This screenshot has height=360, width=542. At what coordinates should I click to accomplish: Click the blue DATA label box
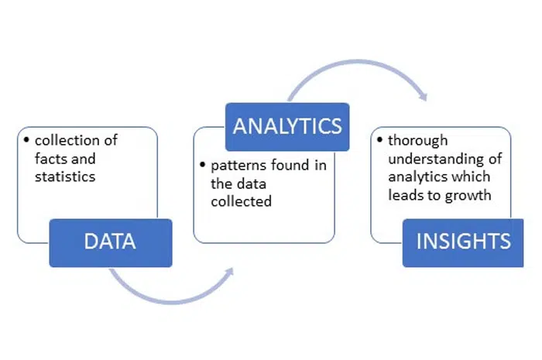[111, 243]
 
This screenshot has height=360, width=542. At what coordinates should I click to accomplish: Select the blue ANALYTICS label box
[287, 127]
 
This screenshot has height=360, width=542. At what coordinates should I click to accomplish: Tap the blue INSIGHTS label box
[463, 243]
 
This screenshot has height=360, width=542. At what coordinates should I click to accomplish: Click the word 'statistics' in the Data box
[65, 177]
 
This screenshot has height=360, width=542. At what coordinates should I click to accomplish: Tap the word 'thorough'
[418, 141]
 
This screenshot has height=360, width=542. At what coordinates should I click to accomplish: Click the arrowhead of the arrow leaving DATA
[229, 272]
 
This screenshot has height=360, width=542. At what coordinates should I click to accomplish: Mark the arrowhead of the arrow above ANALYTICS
[424, 97]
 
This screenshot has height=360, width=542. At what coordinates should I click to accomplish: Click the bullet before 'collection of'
[26, 140]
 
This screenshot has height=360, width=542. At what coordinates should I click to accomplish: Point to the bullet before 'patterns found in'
[203, 164]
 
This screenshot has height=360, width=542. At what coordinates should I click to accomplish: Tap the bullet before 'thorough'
[380, 140]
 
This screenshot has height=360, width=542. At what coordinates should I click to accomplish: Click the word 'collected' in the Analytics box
[242, 201]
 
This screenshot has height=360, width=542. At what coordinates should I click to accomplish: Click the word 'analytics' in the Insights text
[418, 177]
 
